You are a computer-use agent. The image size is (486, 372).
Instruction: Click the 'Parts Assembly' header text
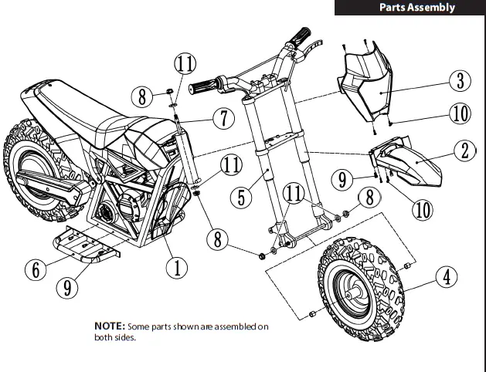coord(416,8)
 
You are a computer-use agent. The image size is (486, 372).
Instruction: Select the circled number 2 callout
coord(464,150)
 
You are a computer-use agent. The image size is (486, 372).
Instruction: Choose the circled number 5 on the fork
coord(243,196)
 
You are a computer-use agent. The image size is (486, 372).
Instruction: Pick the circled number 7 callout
coord(222,119)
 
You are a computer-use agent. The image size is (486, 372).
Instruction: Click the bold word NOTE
coord(110,327)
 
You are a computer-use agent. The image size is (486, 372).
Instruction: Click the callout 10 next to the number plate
coord(459,114)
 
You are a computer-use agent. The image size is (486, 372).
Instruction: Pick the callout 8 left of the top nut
coord(141,96)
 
